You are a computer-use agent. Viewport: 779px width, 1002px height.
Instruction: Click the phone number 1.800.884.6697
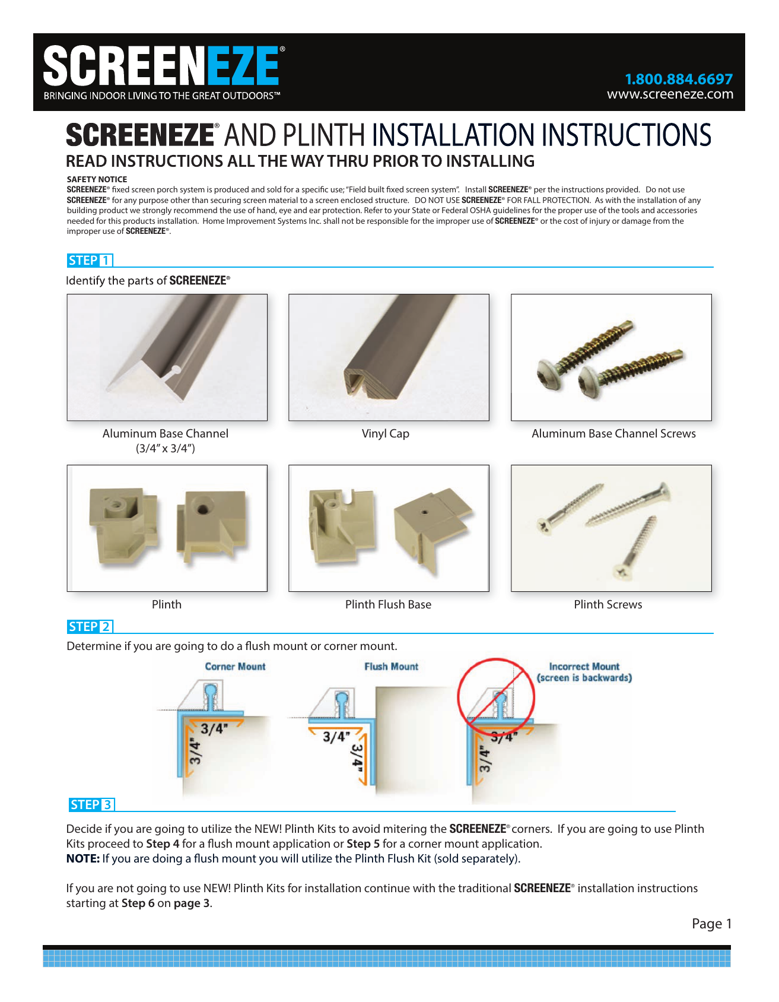click(x=678, y=79)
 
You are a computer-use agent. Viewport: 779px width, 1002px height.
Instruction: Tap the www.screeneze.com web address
click(x=670, y=94)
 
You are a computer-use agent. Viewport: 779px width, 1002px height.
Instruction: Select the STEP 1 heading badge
click(x=90, y=261)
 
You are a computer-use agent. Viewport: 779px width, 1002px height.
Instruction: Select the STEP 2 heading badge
click(x=90, y=627)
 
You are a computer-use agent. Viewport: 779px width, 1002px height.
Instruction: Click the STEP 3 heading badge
click(x=91, y=805)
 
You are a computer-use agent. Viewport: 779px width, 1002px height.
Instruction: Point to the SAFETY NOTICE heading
click(x=97, y=179)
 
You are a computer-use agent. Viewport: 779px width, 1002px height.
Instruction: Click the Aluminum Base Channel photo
click(x=167, y=357)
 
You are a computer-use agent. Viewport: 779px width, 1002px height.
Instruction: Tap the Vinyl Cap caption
click(x=386, y=434)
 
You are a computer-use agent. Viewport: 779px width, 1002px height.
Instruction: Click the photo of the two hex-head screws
click(x=611, y=357)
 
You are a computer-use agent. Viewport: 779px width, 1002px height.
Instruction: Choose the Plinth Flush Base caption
click(x=388, y=605)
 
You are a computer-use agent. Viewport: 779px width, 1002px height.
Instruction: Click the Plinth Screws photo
click(x=611, y=528)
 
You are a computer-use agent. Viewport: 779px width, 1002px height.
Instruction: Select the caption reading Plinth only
click(x=167, y=605)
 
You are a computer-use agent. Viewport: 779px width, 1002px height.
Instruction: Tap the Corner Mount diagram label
click(x=235, y=667)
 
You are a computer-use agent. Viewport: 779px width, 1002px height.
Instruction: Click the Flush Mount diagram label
click(x=391, y=667)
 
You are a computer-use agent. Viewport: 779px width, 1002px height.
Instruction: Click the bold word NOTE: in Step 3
click(x=82, y=859)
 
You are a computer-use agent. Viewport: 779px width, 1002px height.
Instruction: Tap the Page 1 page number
click(x=711, y=924)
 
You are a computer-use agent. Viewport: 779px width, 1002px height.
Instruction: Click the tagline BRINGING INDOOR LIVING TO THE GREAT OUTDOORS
click(x=161, y=96)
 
